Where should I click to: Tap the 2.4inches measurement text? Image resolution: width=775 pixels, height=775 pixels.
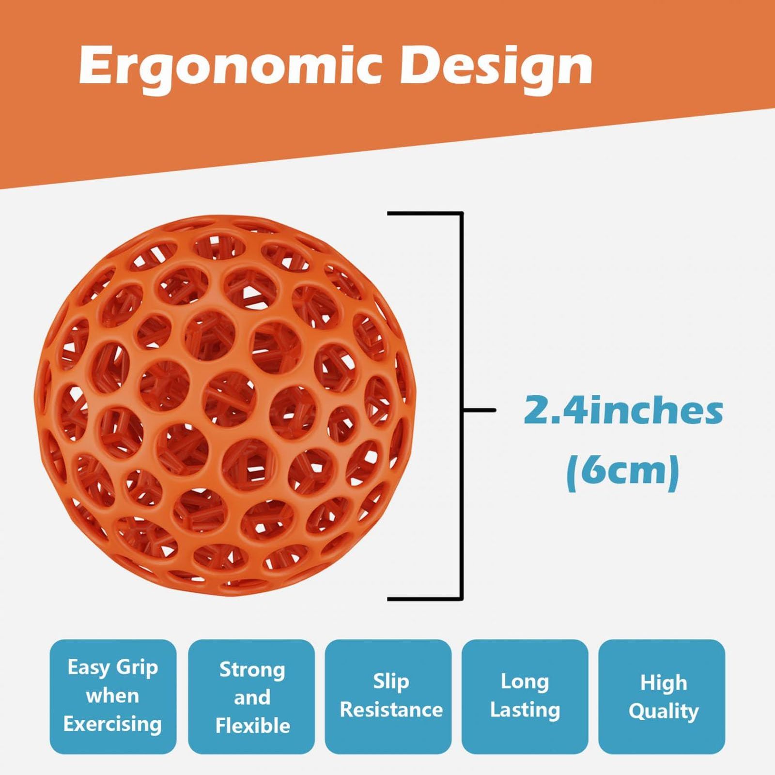click(623, 410)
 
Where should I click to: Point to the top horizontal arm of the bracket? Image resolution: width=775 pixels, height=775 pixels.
click(425, 213)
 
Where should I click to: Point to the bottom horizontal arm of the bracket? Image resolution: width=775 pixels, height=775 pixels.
click(425, 599)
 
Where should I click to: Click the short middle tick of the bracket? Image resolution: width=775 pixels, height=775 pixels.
click(479, 410)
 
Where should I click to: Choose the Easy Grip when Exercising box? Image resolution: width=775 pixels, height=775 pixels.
click(113, 697)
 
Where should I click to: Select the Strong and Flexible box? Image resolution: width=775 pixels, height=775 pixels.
click(251, 697)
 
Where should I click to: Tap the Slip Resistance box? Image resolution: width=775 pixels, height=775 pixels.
click(388, 697)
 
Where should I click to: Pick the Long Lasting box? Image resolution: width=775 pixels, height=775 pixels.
click(525, 697)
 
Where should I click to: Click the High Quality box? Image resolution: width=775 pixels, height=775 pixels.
click(662, 697)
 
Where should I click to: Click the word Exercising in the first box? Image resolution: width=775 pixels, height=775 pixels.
click(112, 724)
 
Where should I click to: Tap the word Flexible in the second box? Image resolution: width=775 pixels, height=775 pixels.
click(252, 726)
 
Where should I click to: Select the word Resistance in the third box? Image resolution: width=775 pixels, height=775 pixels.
click(391, 710)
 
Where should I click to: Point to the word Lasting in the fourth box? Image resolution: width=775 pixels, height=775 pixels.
click(525, 710)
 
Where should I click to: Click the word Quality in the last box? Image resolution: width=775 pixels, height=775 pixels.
click(664, 712)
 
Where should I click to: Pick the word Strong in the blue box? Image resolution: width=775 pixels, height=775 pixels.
click(252, 670)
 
